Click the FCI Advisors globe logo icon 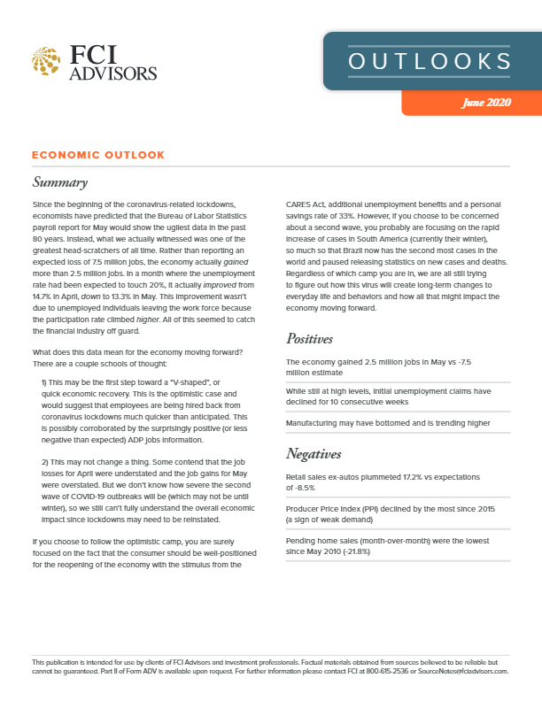pyautogui.click(x=47, y=61)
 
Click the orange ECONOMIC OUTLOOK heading pyautogui.click(x=98, y=155)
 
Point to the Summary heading pyautogui.click(x=60, y=183)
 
